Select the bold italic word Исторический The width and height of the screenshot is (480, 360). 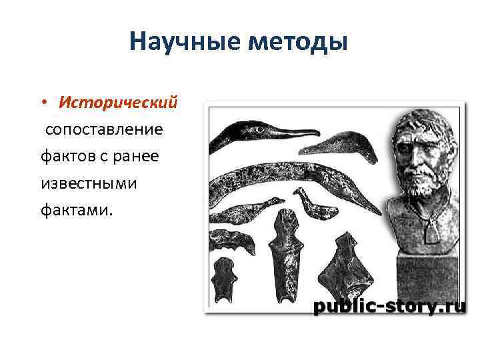(118, 103)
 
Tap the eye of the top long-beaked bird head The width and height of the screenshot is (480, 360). (255, 126)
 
